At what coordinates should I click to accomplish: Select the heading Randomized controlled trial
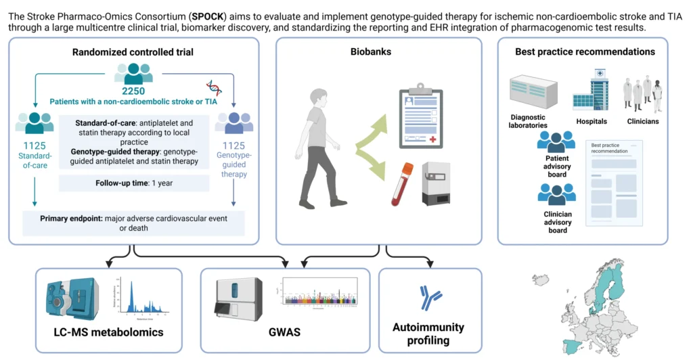click(133, 52)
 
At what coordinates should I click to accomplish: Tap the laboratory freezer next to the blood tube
click(437, 183)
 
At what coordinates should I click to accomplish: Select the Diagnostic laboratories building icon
click(533, 92)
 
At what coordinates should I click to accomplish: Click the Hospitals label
click(591, 122)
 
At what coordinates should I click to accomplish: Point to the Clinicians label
click(642, 122)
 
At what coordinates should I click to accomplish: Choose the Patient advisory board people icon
click(556, 143)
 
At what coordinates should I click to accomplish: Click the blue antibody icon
click(430, 294)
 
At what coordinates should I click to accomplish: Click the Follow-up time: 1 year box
click(133, 183)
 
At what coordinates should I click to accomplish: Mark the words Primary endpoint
click(60, 218)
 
